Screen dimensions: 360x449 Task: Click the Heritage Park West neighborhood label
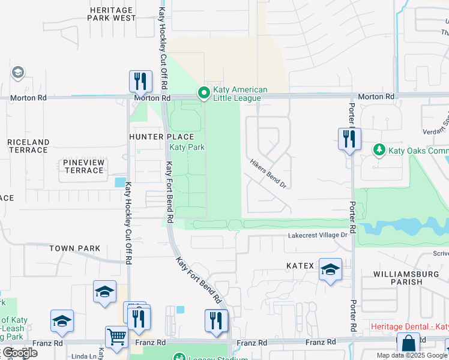click(112, 14)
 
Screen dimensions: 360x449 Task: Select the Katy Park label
click(187, 147)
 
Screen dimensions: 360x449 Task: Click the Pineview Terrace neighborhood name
click(83, 166)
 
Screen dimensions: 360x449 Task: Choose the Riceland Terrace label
click(28, 146)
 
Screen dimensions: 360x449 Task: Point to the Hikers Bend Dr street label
click(268, 174)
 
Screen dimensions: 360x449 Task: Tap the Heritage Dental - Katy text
click(409, 326)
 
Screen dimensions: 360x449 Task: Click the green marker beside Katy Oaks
click(379, 149)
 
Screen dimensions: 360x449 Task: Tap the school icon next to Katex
click(330, 269)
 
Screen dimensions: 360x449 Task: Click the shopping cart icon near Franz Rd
click(116, 337)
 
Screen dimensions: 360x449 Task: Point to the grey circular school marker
click(18, 73)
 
